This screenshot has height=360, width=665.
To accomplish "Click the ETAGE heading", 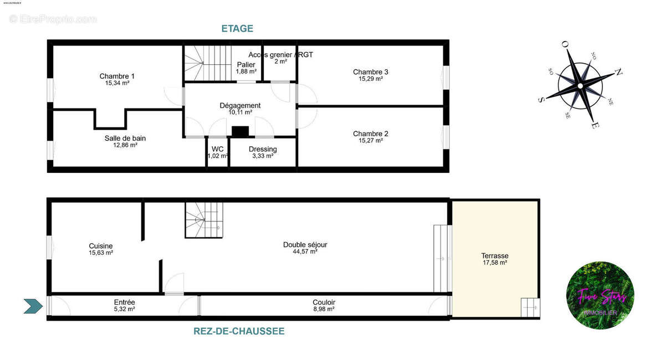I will [237, 29].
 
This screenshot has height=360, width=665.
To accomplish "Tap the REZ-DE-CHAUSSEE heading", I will [239, 331].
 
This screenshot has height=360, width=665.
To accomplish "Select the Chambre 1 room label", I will [117, 76].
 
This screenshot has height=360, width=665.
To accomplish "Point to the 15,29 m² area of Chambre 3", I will [371, 79].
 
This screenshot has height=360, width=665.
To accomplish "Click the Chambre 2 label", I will [371, 133].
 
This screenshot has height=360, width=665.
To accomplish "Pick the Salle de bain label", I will [125, 138].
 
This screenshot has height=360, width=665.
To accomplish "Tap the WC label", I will [217, 149].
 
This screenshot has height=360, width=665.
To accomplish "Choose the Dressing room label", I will [263, 149].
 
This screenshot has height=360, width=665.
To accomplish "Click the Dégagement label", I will [240, 105].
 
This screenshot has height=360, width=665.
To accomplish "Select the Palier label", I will [245, 65].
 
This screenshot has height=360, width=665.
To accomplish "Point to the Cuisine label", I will [101, 246].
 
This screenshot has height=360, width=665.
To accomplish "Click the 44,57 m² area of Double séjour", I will [305, 251].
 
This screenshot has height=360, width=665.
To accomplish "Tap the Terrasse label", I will [495, 256].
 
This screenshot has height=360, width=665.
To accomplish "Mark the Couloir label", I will [324, 302].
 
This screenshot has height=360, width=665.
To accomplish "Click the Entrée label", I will [124, 302].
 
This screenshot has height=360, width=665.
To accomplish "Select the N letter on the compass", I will [619, 72].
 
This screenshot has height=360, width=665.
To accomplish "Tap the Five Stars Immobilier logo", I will [600, 295].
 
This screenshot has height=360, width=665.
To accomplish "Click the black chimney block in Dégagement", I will [240, 132].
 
